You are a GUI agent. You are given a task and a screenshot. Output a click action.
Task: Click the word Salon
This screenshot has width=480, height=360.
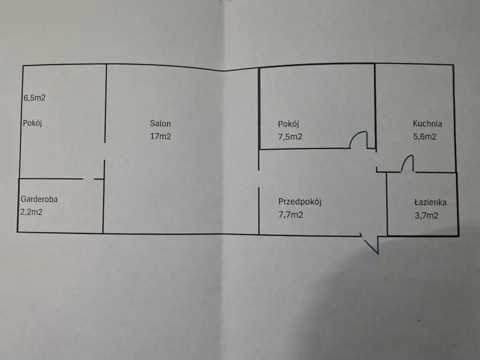point(160,123)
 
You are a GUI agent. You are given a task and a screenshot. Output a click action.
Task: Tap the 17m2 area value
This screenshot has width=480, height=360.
point(160,136)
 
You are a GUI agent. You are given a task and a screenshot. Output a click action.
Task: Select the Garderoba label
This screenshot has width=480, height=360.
point(39,199)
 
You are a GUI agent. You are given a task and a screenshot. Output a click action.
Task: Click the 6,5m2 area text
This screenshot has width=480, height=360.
point(34,98)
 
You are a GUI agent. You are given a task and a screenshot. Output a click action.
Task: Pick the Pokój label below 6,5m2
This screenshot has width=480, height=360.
point(31,123)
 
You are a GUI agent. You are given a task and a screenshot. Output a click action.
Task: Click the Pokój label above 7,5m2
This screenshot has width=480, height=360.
point(288,124)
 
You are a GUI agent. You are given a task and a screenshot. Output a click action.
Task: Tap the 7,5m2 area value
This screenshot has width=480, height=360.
point(290,137)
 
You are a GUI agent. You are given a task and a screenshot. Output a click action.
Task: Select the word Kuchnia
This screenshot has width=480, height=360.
point(427,124)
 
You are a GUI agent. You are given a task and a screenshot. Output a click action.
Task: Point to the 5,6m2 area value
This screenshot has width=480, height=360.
point(424,136)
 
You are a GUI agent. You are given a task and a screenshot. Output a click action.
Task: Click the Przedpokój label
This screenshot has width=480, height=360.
point(299,202)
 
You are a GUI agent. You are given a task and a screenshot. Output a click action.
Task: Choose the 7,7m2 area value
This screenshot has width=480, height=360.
point(291,215)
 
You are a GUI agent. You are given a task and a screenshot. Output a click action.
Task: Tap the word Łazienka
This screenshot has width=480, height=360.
point(430,202)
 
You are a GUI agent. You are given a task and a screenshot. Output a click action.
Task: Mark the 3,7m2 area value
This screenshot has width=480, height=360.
point(426,216)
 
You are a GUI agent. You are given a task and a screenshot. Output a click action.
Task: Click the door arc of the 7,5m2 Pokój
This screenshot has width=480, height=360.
point(358,139)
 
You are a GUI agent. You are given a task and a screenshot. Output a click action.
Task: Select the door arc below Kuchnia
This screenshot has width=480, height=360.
point(407,163)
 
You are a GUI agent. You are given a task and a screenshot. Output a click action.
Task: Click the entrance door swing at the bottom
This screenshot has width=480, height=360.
point(371,244)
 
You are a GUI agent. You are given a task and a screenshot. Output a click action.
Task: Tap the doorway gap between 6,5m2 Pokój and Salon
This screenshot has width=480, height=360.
point(104,151)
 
